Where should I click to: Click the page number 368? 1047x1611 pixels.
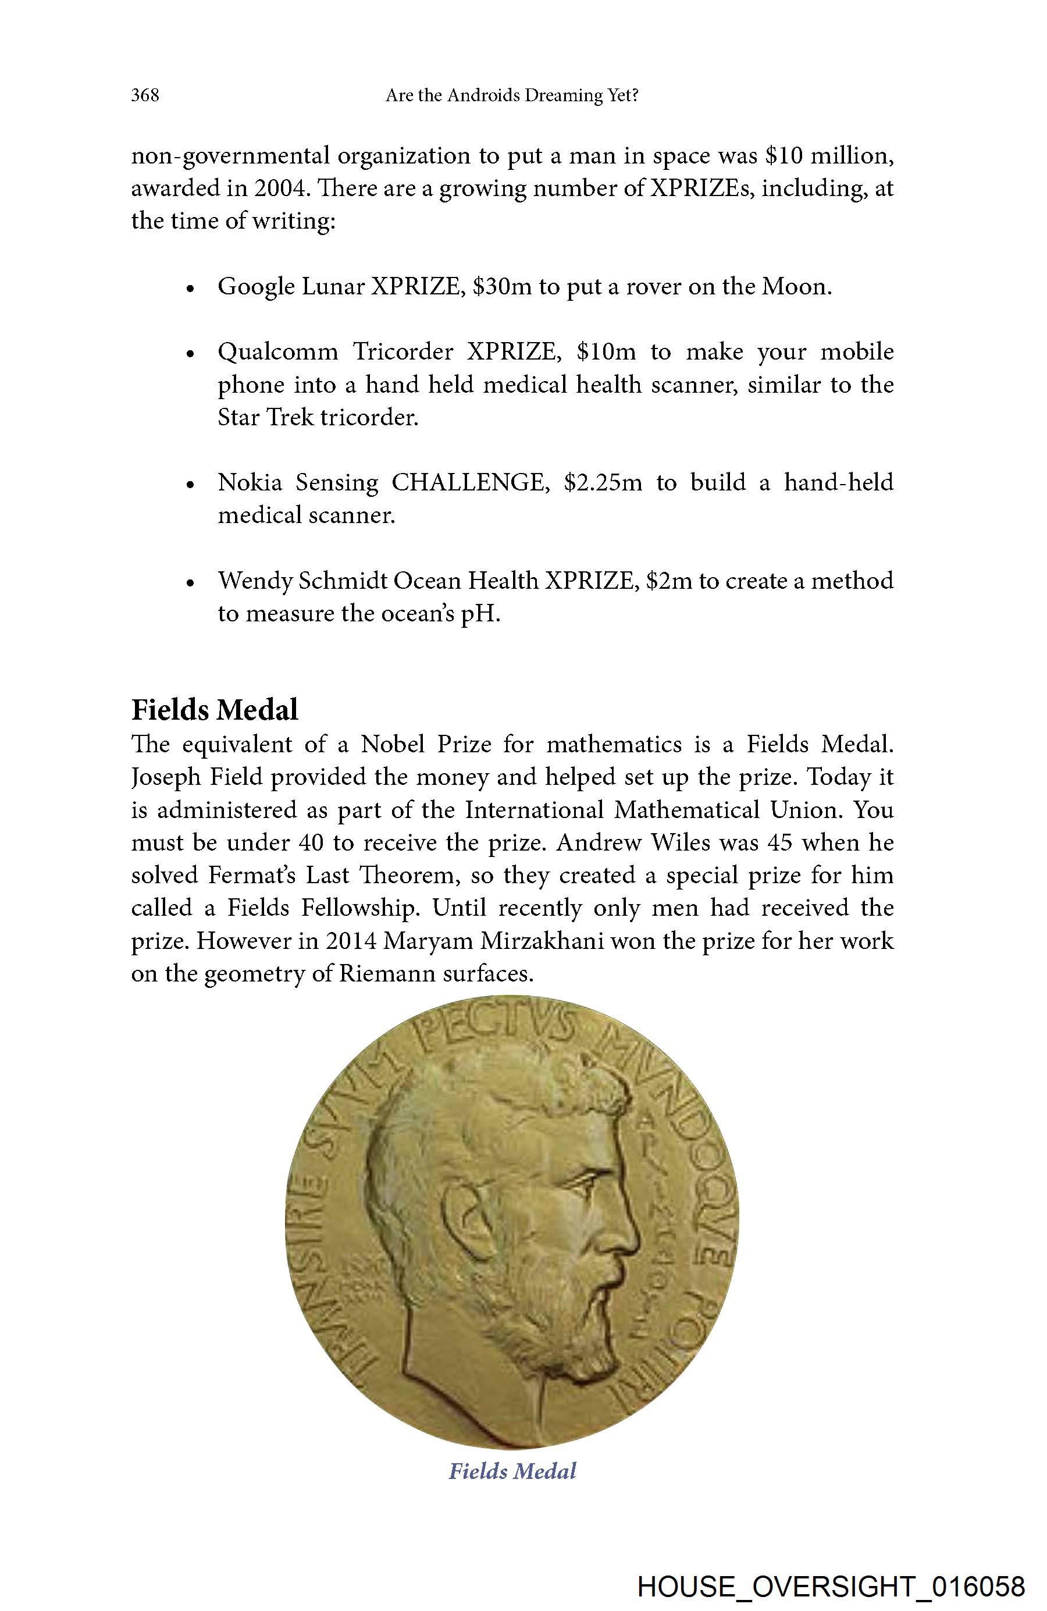click(x=145, y=95)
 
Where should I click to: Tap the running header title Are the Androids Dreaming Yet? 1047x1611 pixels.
click(x=512, y=95)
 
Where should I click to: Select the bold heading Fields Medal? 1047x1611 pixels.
click(x=215, y=709)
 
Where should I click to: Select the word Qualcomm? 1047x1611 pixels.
click(x=277, y=352)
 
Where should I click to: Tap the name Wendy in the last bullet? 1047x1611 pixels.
click(x=254, y=581)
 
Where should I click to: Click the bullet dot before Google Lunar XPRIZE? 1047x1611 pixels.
click(x=191, y=289)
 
